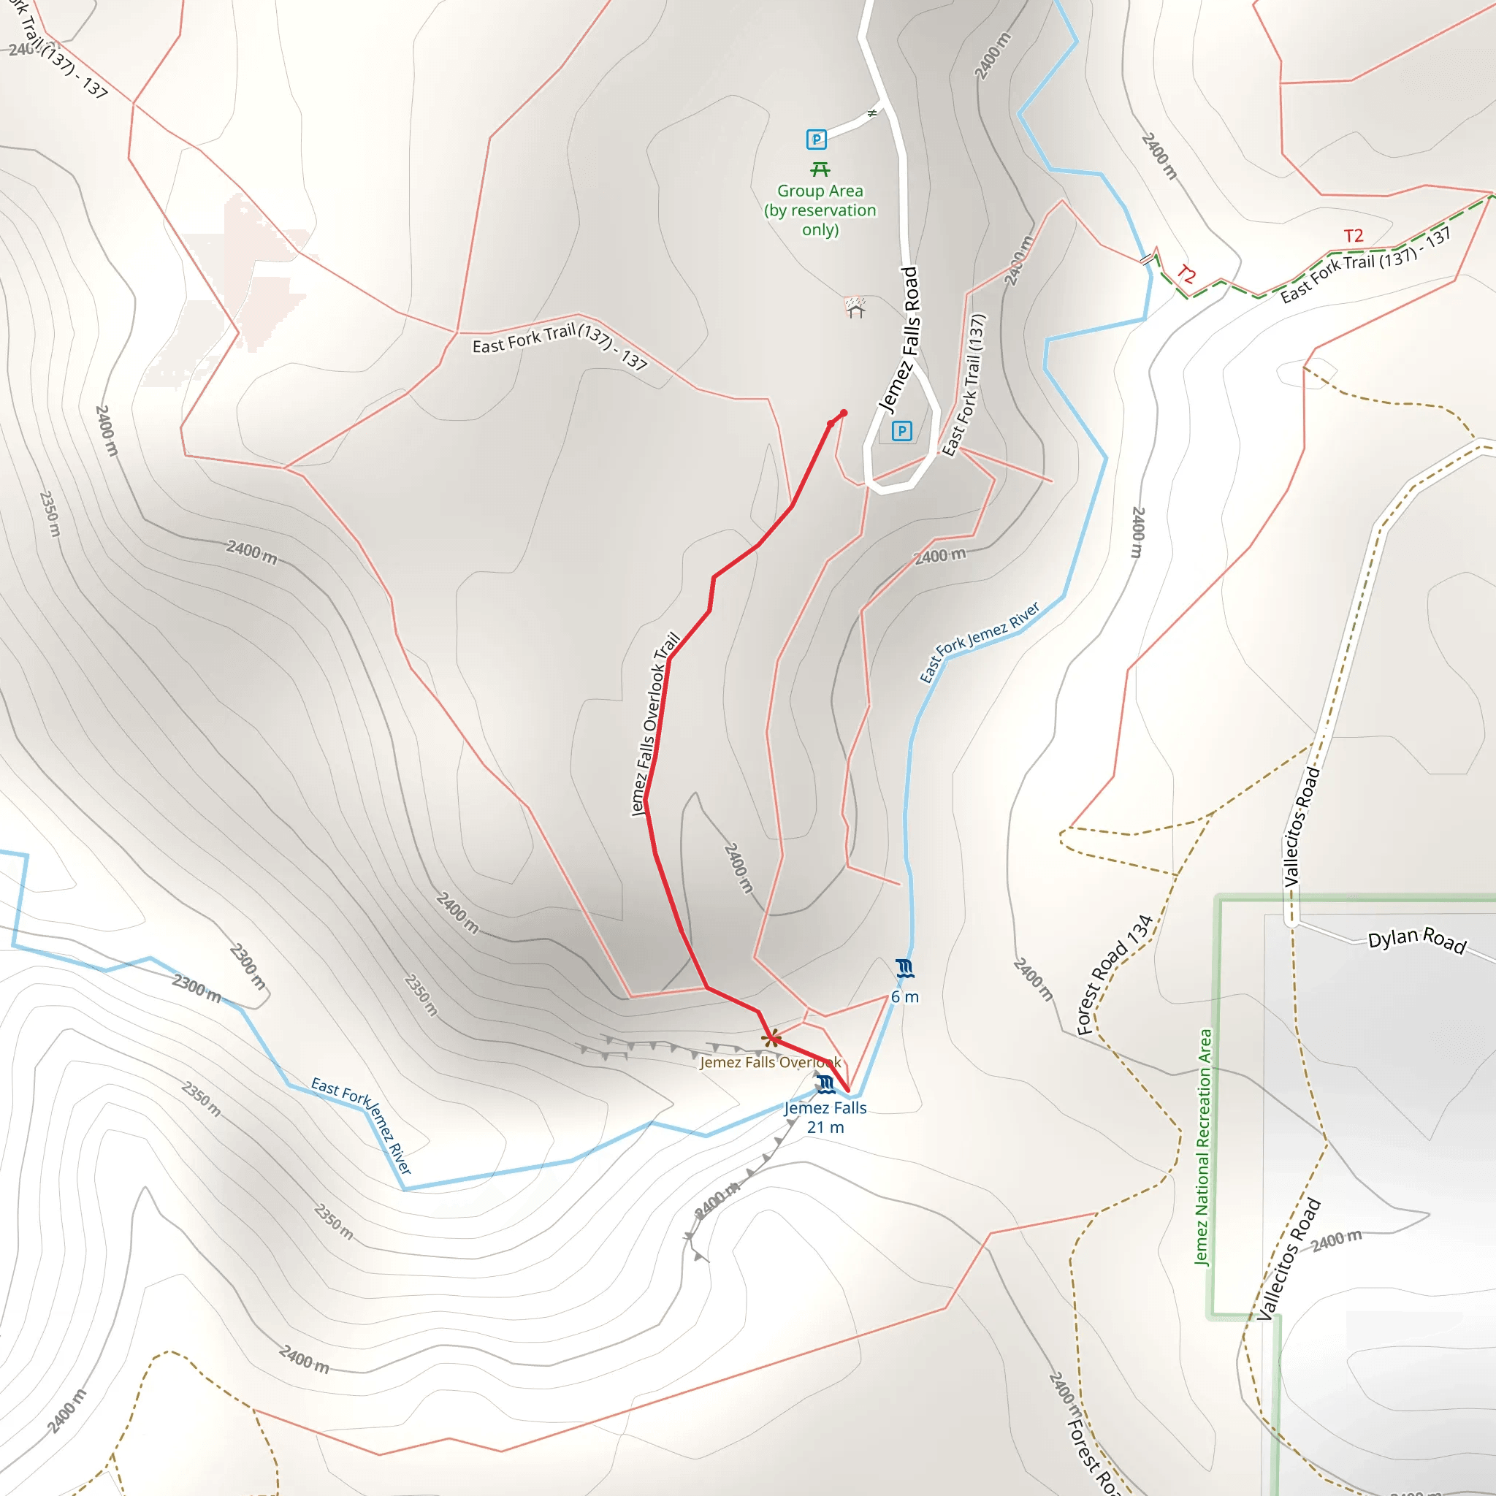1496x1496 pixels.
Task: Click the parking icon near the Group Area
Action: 816,140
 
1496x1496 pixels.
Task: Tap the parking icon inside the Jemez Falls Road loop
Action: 901,430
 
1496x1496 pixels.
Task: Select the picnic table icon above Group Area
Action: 820,169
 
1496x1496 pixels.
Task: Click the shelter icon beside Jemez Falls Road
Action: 855,308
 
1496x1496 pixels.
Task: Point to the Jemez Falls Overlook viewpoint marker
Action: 771,1039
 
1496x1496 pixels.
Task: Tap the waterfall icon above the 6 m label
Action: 904,968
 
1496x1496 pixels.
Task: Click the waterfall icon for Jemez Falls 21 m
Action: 825,1084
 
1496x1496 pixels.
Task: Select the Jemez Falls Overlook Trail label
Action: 654,724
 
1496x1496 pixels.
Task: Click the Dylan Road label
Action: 1416,941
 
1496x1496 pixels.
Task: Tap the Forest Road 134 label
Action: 1114,976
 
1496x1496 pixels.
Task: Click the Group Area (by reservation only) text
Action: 820,210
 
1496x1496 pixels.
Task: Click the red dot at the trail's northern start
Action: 843,413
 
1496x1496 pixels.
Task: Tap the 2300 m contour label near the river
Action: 196,988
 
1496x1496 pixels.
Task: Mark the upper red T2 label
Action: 1353,235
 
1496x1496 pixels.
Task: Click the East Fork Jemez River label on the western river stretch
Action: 361,1125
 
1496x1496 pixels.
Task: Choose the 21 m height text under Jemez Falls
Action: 825,1127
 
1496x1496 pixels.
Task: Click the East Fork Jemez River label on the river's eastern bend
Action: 979,642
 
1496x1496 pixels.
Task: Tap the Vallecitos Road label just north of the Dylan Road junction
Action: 1302,827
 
